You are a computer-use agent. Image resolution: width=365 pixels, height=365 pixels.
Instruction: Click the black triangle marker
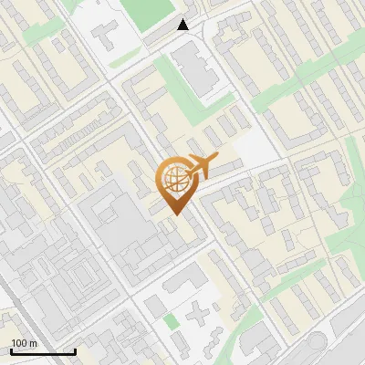[183, 25]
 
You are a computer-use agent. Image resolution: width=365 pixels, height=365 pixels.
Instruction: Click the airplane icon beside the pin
[203, 165]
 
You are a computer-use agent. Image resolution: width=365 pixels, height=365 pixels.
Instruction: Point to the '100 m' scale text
[25, 343]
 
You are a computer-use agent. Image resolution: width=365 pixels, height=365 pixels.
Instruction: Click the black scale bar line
[43, 351]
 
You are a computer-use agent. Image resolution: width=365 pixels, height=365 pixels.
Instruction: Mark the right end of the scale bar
[75, 351]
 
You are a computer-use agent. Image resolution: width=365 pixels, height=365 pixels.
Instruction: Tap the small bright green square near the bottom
[172, 321]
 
